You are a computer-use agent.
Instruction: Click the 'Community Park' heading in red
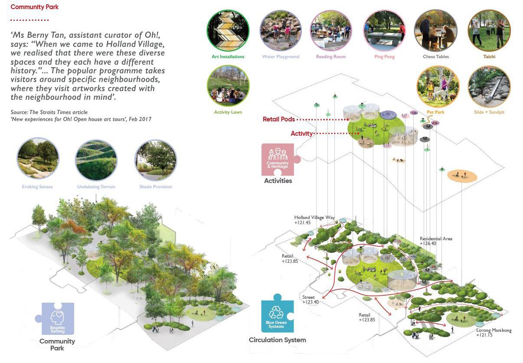[34, 7]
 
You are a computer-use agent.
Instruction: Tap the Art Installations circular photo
[228, 30]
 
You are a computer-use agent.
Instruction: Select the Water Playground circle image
[280, 30]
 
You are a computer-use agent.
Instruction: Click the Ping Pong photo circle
[384, 30]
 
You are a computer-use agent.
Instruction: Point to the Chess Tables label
[435, 57]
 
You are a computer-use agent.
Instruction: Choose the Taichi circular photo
[489, 30]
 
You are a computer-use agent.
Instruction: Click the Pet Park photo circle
[437, 87]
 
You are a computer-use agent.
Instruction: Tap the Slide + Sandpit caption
[489, 112]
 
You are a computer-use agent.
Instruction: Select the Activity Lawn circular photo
[228, 87]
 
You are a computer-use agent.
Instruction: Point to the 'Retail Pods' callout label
[279, 119]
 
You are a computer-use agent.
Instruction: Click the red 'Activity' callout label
[301, 134]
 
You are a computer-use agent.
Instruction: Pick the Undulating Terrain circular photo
[96, 159]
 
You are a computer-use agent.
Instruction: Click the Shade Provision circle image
[155, 159]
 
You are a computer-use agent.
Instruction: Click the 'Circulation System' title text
[277, 340]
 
